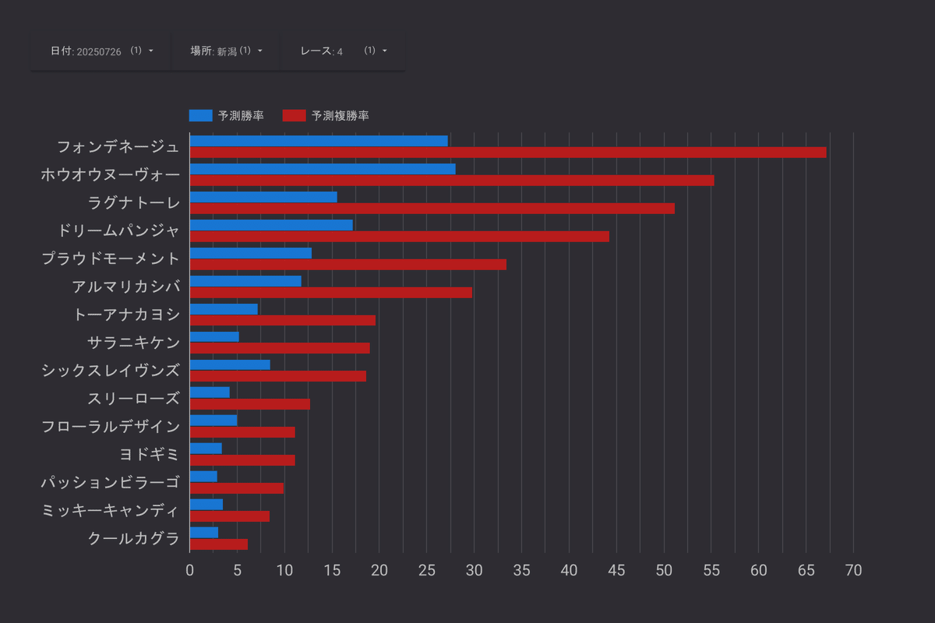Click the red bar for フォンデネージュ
[507, 153]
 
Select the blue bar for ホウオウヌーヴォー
[322, 169]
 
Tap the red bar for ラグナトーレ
[432, 209]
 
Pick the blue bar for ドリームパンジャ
[270, 225]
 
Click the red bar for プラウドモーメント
[348, 265]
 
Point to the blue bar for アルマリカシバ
[245, 281]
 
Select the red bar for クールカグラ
[218, 544]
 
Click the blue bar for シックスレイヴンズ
[229, 364]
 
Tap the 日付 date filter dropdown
[101, 51]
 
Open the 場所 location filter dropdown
[226, 51]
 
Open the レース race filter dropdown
[343, 51]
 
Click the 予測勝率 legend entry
[227, 116]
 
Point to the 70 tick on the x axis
[854, 571]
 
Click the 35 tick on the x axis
[521, 571]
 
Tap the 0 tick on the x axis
[189, 571]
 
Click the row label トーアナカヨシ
[126, 315]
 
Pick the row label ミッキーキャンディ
[111, 510]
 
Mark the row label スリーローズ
[133, 399]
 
